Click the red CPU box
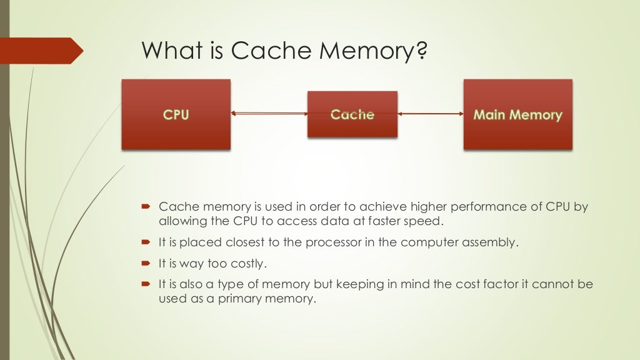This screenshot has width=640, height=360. coord(176,114)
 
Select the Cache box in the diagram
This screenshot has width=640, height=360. coord(352,114)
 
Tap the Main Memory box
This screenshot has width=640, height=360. coord(517,114)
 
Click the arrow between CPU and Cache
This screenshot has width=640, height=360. coord(269,114)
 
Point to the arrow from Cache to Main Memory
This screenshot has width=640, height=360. coord(430,114)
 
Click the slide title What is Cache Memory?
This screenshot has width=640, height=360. coord(284,51)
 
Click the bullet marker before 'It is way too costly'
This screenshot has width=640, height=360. coord(146,263)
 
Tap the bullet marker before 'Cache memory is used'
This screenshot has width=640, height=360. coord(146,207)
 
